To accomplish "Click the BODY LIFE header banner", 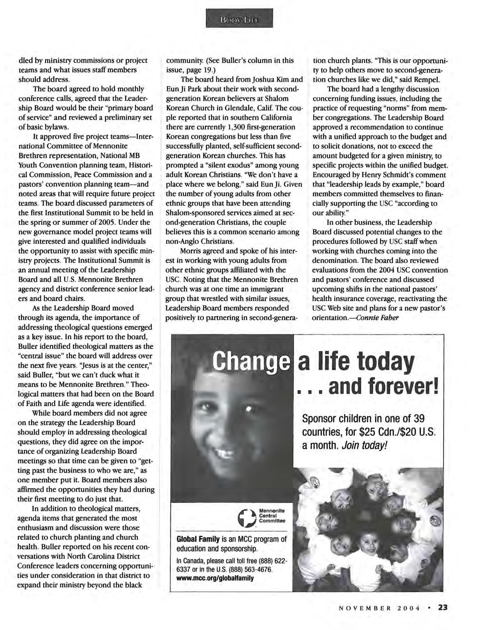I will coord(239,18).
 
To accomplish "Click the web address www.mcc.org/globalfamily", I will coord(215,578).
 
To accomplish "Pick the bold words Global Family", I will coord(198,539).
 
